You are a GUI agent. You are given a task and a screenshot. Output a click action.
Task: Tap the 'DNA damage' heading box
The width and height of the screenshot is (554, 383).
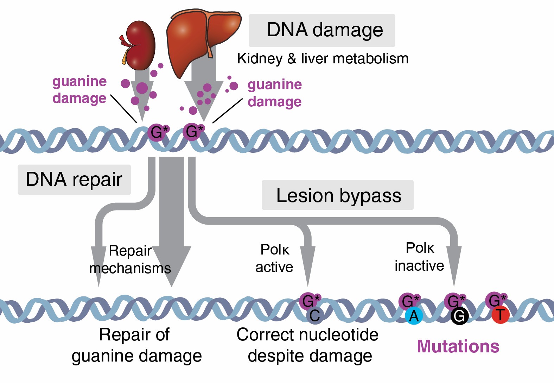tap(322, 30)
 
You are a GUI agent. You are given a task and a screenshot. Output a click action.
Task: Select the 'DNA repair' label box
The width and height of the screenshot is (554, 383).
tap(74, 180)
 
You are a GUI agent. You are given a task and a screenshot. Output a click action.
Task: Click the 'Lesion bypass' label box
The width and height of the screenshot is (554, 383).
tap(338, 195)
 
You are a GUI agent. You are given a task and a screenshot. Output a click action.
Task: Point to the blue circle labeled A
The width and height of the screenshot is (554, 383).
tap(414, 316)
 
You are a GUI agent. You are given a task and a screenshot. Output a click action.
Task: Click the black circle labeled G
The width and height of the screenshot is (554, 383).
tap(459, 316)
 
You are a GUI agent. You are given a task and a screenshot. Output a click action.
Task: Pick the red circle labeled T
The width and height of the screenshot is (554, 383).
tap(500, 315)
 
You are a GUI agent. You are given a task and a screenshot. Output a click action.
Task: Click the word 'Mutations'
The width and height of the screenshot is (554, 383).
tap(458, 346)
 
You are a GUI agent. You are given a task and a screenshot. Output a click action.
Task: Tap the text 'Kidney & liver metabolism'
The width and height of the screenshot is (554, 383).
tap(323, 59)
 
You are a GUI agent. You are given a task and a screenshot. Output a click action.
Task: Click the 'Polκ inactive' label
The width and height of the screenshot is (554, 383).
tap(419, 257)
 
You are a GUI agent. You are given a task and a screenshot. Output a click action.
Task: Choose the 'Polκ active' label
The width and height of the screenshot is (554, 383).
tap(274, 258)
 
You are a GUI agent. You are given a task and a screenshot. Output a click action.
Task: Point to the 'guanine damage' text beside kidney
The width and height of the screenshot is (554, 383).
tap(79, 90)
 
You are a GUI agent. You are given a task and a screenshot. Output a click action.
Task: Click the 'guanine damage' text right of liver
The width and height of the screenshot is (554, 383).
tap(275, 93)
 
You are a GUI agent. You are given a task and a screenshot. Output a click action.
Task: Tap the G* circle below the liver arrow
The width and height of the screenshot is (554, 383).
tap(192, 132)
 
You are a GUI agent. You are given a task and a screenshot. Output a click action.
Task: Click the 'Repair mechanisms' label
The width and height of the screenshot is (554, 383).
tap(130, 260)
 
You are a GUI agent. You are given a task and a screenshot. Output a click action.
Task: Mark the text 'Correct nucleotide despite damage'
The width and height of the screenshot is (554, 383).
tap(308, 345)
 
